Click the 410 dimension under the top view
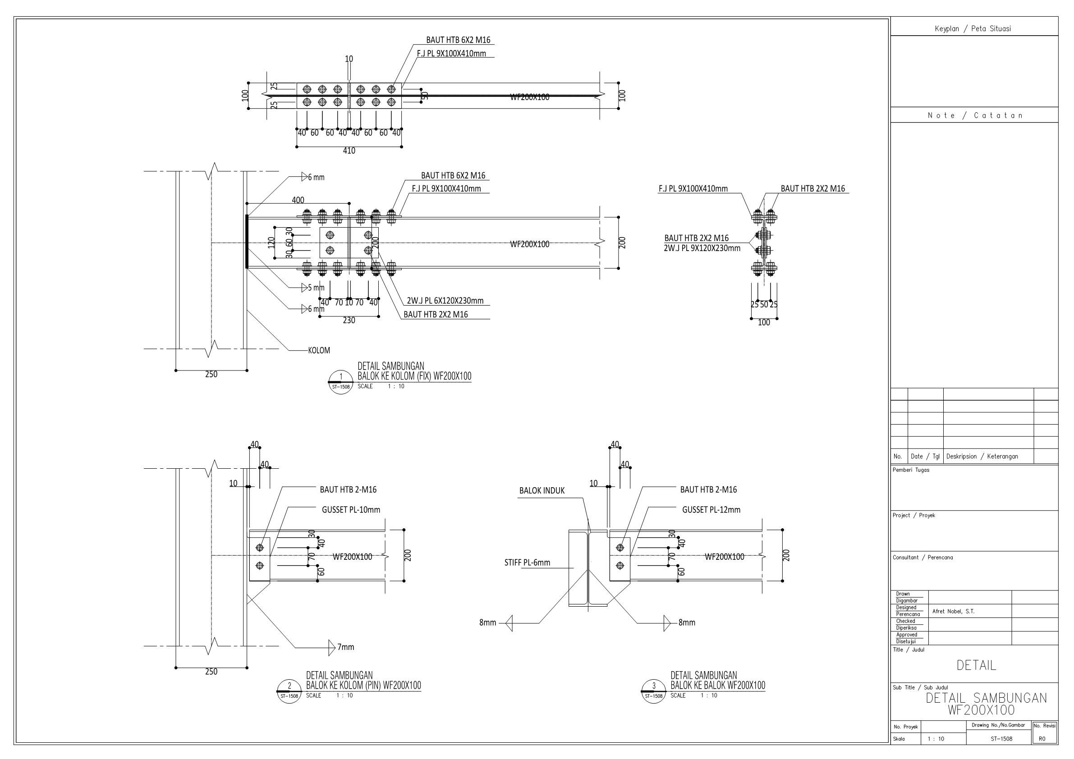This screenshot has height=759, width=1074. click(x=349, y=151)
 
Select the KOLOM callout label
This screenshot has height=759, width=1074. click(x=319, y=350)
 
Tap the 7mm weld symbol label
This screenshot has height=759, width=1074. click(x=346, y=647)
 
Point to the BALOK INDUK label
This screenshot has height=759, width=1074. click(x=542, y=490)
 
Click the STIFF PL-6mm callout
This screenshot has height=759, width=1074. click(x=527, y=562)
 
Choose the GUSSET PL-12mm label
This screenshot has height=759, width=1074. click(x=711, y=510)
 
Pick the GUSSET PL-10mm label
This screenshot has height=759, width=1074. click(x=351, y=510)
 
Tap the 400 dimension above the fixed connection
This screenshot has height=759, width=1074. click(x=298, y=200)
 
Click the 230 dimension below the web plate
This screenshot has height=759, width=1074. click(x=349, y=320)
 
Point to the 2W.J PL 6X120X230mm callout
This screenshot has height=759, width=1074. click(x=445, y=301)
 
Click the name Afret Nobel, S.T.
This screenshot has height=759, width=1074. click(x=953, y=611)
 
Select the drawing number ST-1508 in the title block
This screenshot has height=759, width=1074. click(x=1001, y=739)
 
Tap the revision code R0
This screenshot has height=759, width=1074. click(x=1042, y=739)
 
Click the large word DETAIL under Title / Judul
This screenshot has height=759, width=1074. click(x=976, y=665)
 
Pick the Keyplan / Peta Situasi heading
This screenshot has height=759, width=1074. click(x=973, y=28)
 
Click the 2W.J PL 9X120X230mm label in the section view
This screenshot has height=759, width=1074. click(x=702, y=248)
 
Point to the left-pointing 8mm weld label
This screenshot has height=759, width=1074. click(x=487, y=622)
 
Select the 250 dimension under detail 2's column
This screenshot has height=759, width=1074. click(x=211, y=672)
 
